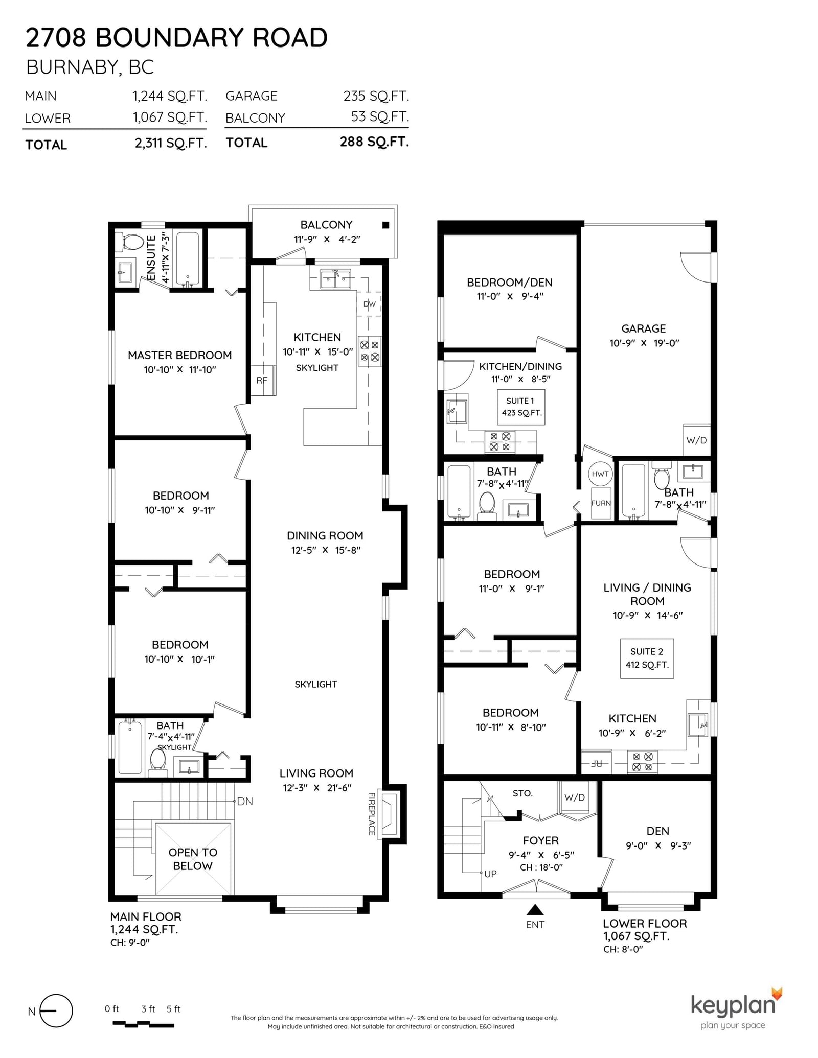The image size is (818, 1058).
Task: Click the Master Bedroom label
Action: [x=179, y=355]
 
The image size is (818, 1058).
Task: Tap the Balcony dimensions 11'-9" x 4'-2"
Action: [x=327, y=239]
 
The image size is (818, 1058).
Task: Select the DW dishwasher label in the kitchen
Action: [x=369, y=304]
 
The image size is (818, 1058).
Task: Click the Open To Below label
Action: [x=193, y=859]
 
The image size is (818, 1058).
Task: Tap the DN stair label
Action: [x=245, y=802]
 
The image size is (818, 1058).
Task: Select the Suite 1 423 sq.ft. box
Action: [x=520, y=407]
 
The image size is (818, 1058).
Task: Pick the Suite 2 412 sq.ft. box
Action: [x=646, y=658]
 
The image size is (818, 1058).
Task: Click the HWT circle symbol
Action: [x=600, y=474]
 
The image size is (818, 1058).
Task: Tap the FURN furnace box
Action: [x=601, y=503]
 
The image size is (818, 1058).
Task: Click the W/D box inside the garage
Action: [x=696, y=440]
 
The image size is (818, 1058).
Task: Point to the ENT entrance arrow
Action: [x=535, y=910]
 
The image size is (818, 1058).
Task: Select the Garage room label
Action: [x=643, y=328]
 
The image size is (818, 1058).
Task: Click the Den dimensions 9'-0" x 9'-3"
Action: [x=658, y=845]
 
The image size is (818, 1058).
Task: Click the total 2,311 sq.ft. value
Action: [x=171, y=143]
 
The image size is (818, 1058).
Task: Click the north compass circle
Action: [x=56, y=1010]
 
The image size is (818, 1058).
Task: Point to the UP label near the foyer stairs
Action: [x=490, y=874]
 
